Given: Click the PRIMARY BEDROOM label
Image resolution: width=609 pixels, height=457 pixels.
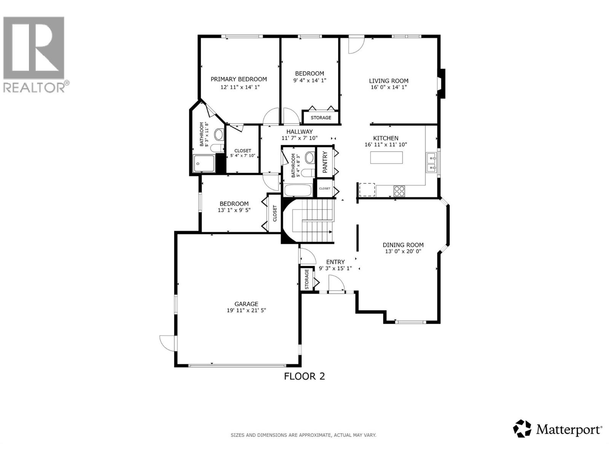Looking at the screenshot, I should [x=239, y=79].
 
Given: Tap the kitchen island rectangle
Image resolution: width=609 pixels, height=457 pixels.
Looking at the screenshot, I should [x=386, y=158].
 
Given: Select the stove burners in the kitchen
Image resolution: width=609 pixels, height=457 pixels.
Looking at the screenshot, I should [x=399, y=190].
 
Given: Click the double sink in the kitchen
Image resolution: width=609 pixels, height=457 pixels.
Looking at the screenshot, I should [x=432, y=163].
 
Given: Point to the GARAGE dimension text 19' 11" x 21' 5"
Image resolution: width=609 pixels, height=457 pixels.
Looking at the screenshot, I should [x=246, y=310].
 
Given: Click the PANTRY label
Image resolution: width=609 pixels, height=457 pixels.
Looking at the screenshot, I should [x=325, y=162].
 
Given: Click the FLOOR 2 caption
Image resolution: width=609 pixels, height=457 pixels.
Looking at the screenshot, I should [x=304, y=376].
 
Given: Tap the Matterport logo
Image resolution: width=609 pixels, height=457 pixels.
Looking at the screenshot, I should [x=558, y=430].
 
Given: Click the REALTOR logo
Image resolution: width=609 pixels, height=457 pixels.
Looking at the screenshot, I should [x=34, y=53].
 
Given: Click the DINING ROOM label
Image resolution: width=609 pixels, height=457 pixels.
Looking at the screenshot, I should [x=403, y=245].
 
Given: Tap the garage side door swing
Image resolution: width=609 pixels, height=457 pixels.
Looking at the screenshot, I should [x=167, y=343].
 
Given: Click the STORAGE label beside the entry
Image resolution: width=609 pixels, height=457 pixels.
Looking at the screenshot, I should [x=307, y=280].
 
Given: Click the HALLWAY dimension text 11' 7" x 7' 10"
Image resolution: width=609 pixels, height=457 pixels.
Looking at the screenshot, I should [x=300, y=138].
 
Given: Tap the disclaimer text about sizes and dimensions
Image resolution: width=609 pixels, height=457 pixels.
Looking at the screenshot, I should [x=303, y=435].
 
